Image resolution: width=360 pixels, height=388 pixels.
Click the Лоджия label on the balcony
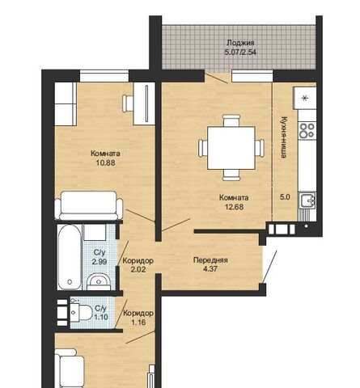(x=240, y=43)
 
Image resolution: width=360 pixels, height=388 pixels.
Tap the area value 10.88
(x=106, y=162)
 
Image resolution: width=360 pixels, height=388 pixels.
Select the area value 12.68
(x=234, y=207)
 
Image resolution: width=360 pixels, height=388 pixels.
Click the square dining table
(x=231, y=148)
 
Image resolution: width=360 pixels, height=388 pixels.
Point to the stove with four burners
(x=307, y=130)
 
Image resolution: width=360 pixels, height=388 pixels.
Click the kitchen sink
(x=307, y=200)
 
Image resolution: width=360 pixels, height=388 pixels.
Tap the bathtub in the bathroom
(x=70, y=257)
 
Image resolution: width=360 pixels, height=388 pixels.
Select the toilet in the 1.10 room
(x=81, y=313)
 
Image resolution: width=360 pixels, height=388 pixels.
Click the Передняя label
(x=210, y=260)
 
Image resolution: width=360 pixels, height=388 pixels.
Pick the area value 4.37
(x=210, y=269)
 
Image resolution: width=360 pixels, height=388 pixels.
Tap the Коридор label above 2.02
(x=138, y=261)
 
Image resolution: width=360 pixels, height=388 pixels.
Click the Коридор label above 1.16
(x=138, y=314)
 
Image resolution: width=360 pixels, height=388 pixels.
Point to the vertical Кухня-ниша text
(x=284, y=137)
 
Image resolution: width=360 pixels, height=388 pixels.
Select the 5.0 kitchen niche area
(x=285, y=197)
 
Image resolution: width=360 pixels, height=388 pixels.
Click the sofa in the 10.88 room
(x=89, y=205)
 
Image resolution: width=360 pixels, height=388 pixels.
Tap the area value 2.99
(x=100, y=261)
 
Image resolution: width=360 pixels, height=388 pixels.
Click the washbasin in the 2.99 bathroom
(x=99, y=281)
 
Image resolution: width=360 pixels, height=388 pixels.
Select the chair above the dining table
(x=231, y=120)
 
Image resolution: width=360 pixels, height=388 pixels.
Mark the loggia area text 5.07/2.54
(x=240, y=52)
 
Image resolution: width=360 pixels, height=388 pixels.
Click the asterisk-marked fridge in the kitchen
(x=305, y=98)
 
